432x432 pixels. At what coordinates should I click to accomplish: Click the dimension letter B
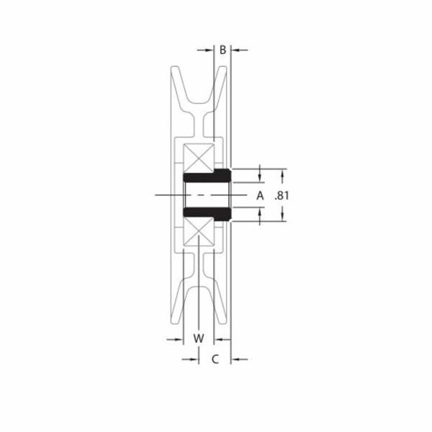[222, 50]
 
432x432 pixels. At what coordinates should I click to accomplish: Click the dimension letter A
[260, 196]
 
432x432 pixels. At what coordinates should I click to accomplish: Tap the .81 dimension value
[282, 196]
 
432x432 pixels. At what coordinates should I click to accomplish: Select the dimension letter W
[199, 338]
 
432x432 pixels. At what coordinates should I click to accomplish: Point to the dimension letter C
[215, 359]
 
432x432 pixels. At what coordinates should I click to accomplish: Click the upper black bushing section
[207, 176]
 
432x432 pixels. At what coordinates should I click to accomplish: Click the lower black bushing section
[207, 215]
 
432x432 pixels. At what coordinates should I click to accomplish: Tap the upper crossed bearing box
[199, 158]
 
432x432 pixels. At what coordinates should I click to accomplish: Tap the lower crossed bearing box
[199, 231]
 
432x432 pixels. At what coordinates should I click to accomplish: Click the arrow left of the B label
[205, 50]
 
